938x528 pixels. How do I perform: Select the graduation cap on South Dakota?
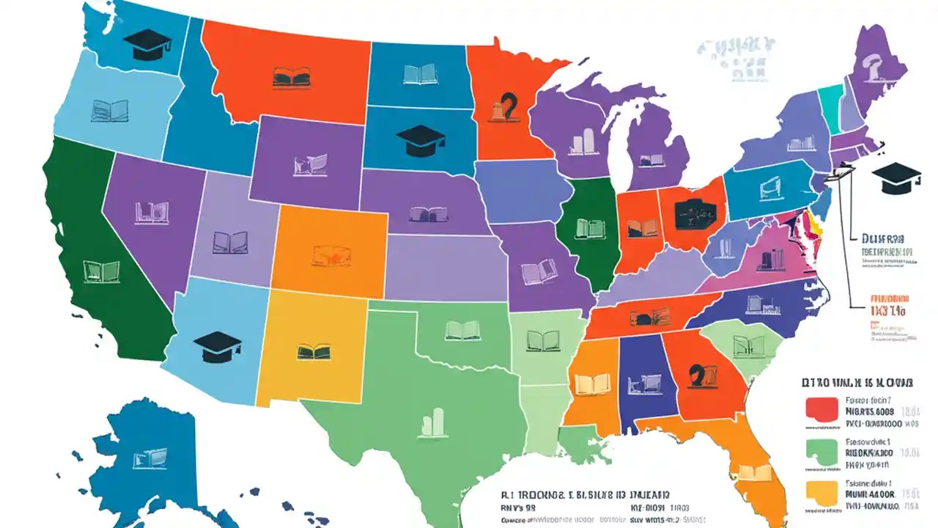(x=419, y=140)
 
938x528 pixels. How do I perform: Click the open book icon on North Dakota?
(x=420, y=73)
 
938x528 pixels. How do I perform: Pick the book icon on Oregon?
(x=110, y=111)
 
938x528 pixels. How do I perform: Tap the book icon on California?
(x=100, y=271)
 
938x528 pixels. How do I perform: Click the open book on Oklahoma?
(x=463, y=330)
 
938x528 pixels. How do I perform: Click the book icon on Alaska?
(x=149, y=460)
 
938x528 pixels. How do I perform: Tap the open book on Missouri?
(x=539, y=272)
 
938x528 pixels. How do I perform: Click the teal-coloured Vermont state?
(x=830, y=103)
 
